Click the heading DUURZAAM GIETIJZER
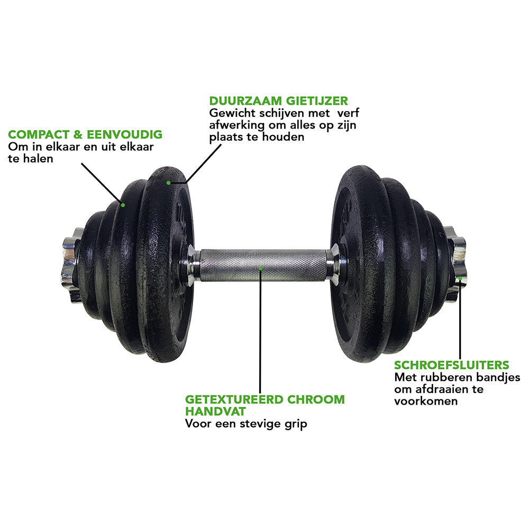click(278, 101)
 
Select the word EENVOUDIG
click(124, 134)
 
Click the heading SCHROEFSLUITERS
click(451, 365)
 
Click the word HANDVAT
click(216, 412)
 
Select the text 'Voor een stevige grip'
click(246, 424)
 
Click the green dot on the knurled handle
click(260, 268)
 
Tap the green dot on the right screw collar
click(460, 278)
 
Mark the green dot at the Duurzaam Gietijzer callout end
click(168, 183)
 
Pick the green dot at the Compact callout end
click(123, 205)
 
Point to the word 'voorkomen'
click(426, 401)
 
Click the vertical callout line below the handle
click(260, 331)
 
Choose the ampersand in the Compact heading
click(78, 134)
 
